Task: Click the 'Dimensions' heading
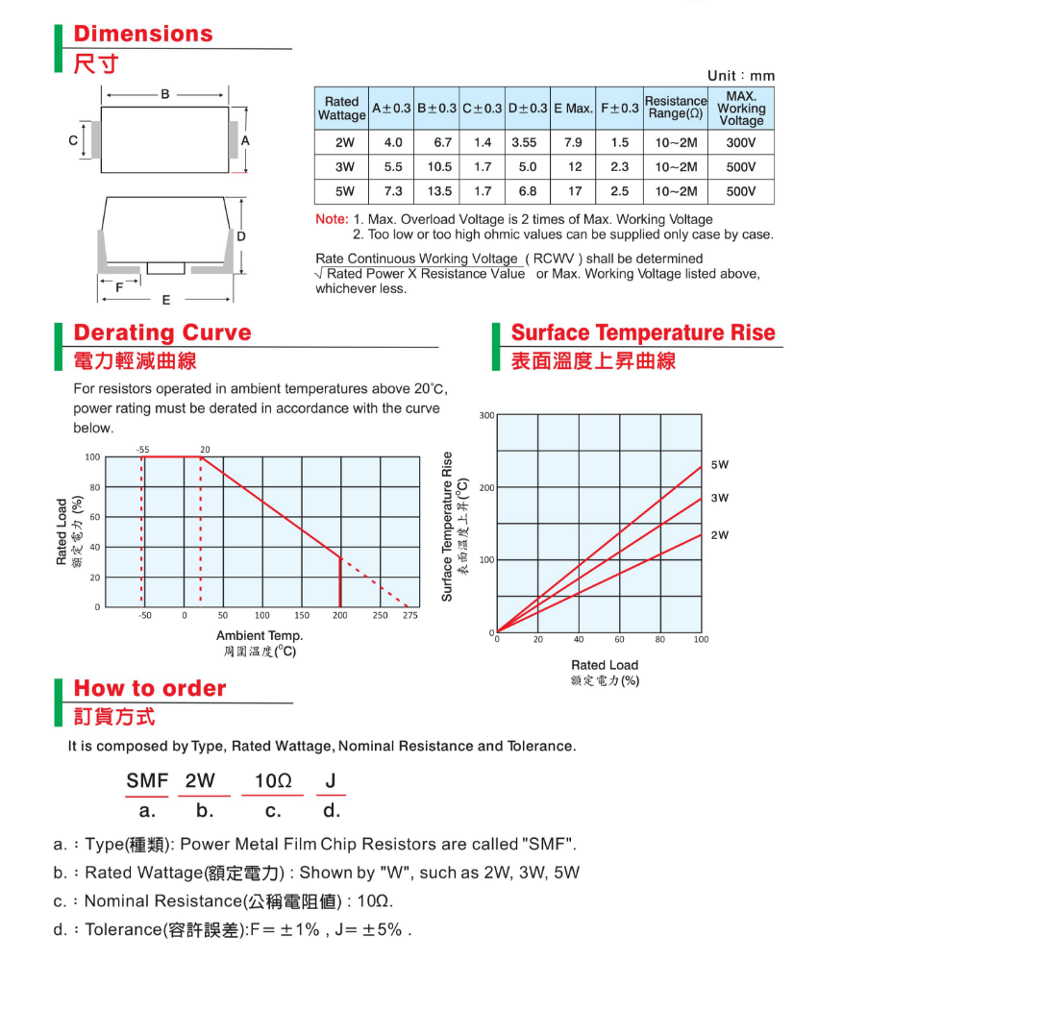tap(143, 34)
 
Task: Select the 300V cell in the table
tap(740, 142)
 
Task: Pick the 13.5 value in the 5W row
tap(439, 191)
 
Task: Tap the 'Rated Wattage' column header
tap(341, 109)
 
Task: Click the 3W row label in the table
tap(344, 167)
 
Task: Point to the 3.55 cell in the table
tap(524, 142)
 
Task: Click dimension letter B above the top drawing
tap(165, 94)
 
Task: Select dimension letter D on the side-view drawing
tap(241, 236)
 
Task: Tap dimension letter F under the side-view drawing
tap(119, 287)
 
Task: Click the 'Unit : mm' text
tap(740, 76)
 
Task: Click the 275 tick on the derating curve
tap(410, 615)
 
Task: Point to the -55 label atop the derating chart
tap(142, 449)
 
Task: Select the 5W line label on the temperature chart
tap(720, 465)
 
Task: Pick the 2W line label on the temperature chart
tap(720, 535)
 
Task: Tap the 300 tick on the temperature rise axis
tap(486, 415)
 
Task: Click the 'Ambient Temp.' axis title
tap(260, 635)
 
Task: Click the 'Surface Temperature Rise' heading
tap(643, 332)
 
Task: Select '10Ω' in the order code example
tap(273, 781)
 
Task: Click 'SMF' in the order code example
tap(147, 781)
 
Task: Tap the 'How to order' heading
tap(150, 688)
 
